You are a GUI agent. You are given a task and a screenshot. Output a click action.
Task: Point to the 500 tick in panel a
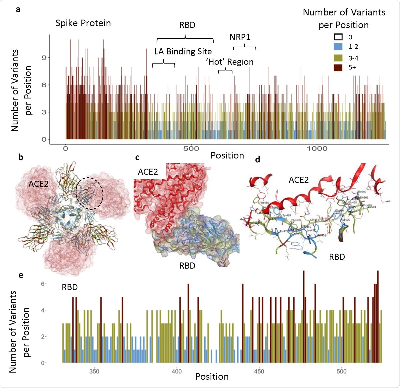click(191, 148)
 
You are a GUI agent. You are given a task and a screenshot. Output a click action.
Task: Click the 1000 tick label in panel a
click(317, 148)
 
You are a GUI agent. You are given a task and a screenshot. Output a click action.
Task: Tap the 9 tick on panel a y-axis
click(44, 58)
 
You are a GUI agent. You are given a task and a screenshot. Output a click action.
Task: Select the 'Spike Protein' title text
click(83, 23)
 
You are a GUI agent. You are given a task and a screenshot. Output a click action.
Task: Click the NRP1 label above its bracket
click(240, 37)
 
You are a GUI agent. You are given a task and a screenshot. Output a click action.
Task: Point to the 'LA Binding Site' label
click(183, 51)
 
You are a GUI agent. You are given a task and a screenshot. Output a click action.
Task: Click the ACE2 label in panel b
click(39, 183)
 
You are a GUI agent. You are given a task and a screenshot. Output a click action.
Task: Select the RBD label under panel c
click(187, 266)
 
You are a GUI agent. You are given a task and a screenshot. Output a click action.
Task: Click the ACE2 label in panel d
click(298, 180)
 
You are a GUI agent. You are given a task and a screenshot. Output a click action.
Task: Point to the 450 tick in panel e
click(259, 371)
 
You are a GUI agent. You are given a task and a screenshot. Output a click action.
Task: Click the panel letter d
click(257, 159)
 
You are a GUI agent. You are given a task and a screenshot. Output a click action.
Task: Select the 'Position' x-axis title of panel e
click(212, 377)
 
